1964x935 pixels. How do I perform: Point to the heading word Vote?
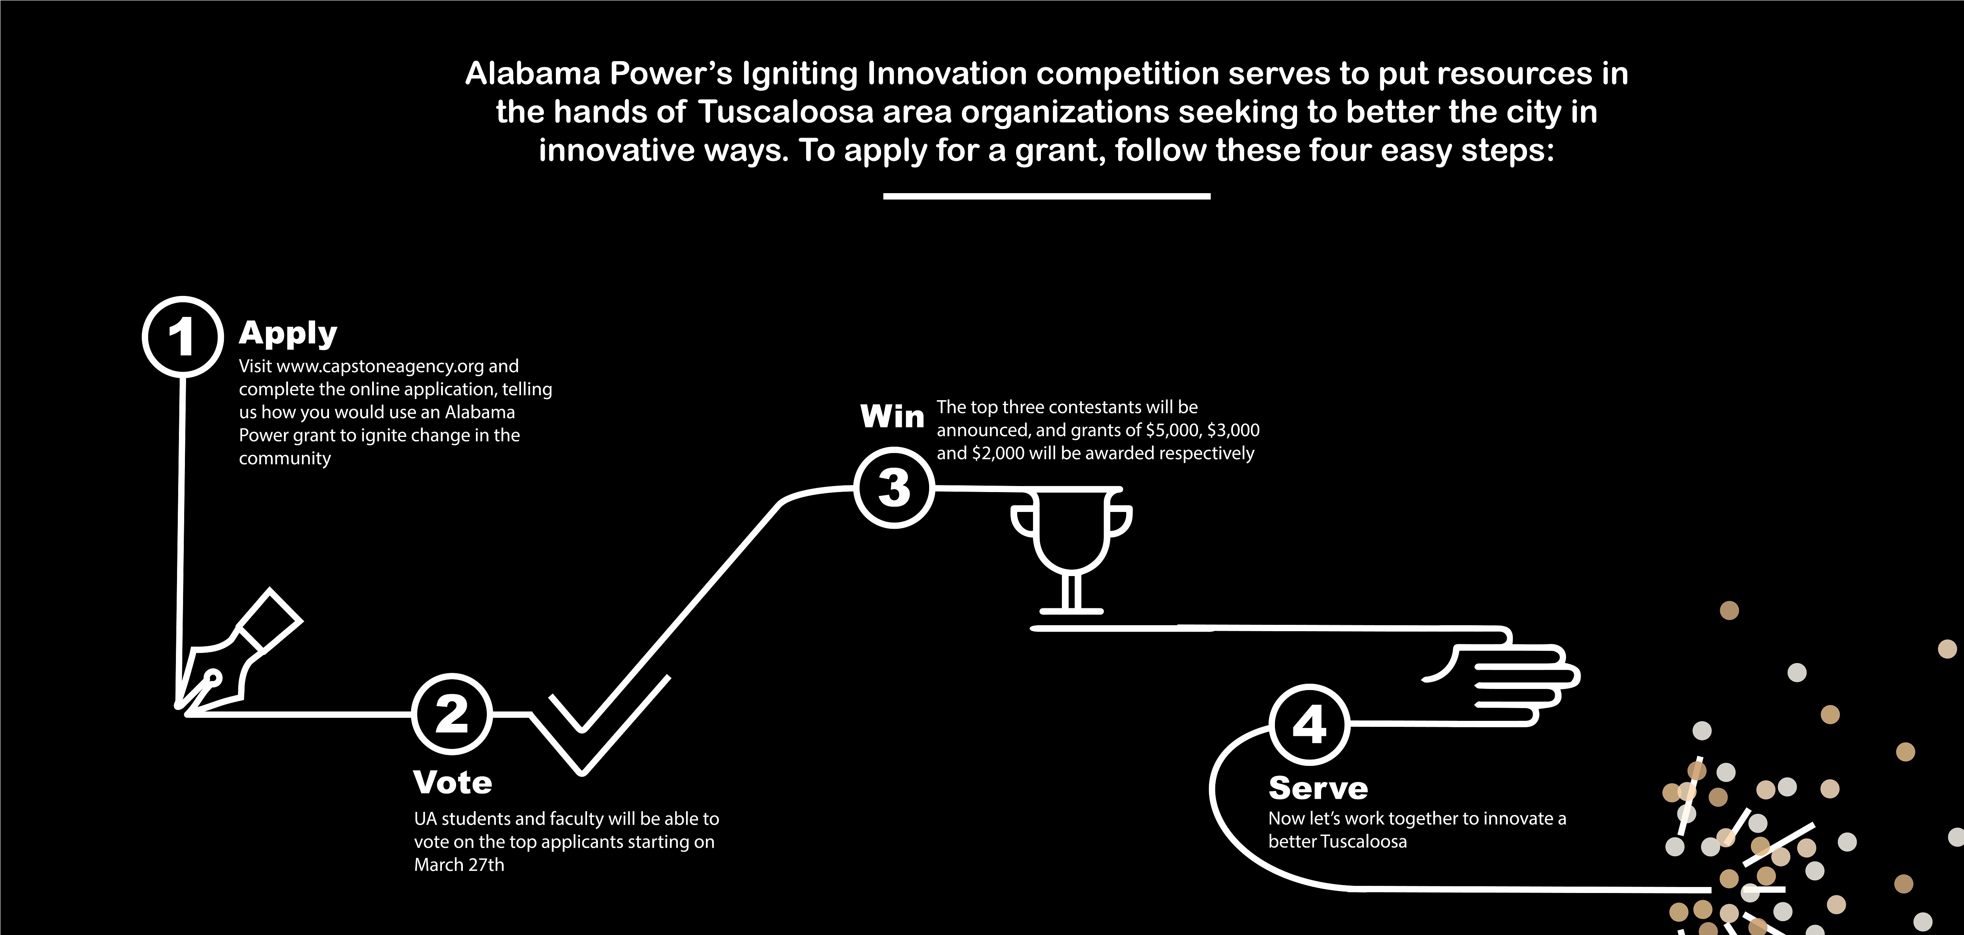pyautogui.click(x=453, y=783)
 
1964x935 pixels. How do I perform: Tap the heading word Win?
pyautogui.click(x=892, y=416)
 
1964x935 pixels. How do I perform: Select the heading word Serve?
pyautogui.click(x=1318, y=788)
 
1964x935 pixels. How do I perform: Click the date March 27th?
pyautogui.click(x=459, y=865)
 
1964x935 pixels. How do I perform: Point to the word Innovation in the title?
pyautogui.click(x=947, y=74)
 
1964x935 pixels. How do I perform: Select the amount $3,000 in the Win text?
pyautogui.click(x=1233, y=431)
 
